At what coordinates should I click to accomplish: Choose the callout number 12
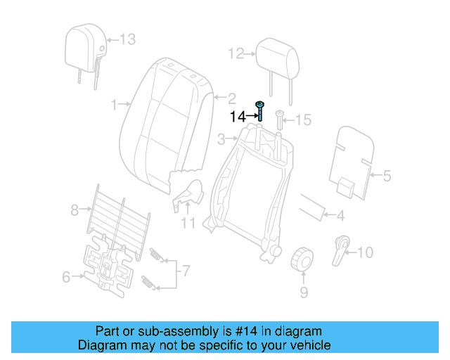click(235, 53)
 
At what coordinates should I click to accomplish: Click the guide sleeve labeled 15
click(280, 120)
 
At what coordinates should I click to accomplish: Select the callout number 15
click(302, 120)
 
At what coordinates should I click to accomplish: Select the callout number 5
click(386, 176)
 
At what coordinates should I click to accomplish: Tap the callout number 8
click(75, 209)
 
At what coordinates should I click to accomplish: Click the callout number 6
click(66, 277)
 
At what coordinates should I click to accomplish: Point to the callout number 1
click(115, 105)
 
